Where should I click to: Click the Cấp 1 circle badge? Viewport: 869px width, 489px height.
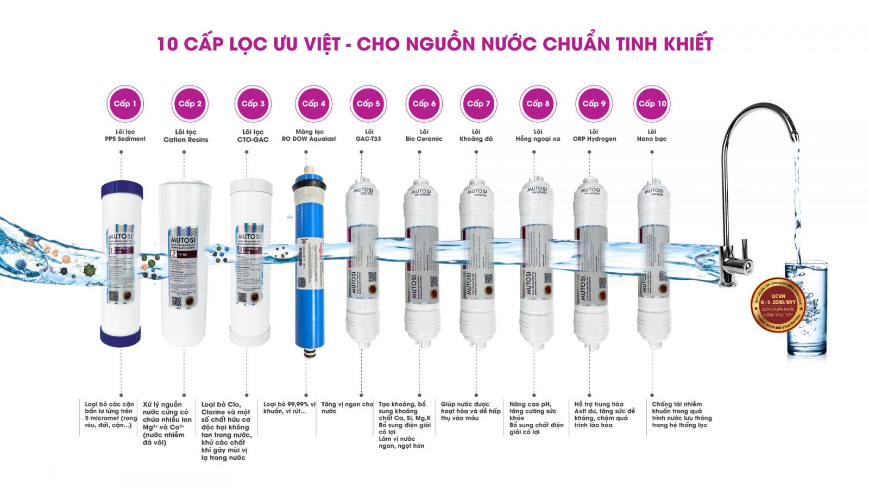tap(125, 103)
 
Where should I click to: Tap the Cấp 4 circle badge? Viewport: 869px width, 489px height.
tap(313, 103)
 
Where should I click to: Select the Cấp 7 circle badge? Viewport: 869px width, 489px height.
tap(478, 103)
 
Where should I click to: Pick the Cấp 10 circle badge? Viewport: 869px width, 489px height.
tap(652, 103)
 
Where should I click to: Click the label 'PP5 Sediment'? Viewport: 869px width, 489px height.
tap(125, 139)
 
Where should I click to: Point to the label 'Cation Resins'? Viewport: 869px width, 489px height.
tap(186, 140)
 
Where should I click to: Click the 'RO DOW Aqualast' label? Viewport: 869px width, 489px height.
tap(308, 139)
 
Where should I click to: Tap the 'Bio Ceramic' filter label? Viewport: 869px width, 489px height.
tap(424, 139)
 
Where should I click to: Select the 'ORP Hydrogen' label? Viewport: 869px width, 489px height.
tap(594, 139)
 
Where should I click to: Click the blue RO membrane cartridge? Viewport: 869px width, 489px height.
tap(309, 261)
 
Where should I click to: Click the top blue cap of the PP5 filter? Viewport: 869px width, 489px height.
tap(122, 190)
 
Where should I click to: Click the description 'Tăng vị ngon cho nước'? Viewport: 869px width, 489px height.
tap(347, 407)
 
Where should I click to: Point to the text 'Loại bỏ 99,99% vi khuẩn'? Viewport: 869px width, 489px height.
tap(289, 407)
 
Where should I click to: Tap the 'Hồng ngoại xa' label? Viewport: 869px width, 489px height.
tap(537, 139)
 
